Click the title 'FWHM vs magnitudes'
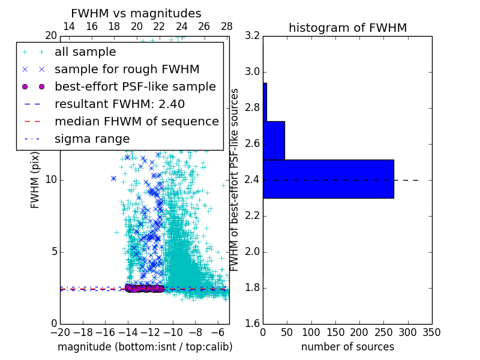click(136, 13)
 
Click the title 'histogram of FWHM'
click(347, 28)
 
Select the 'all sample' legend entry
click(85, 52)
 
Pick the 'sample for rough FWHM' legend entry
click(127, 69)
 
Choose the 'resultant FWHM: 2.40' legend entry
click(119, 104)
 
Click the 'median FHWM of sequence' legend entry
click(136, 121)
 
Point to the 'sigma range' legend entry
click(92, 139)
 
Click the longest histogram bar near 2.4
click(328, 179)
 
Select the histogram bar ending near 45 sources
click(274, 140)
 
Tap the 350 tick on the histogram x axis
click(431, 332)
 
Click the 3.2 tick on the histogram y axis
click(253, 36)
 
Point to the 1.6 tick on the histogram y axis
click(253, 324)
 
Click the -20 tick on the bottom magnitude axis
click(60, 332)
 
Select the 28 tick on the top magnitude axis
click(227, 27)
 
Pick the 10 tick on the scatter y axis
click(51, 180)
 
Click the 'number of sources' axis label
click(347, 347)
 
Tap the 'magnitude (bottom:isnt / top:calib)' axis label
click(145, 347)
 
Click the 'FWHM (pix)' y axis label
click(35, 180)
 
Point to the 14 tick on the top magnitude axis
click(69, 27)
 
